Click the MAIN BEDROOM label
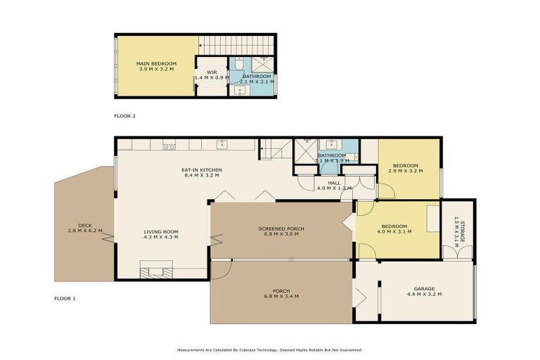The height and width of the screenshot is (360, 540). [x=156, y=63]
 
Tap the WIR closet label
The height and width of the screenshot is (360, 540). [x=212, y=72]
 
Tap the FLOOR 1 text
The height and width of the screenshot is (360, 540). [x=65, y=299]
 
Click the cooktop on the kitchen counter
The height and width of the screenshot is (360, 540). [x=169, y=146]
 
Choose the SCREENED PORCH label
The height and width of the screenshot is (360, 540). [x=281, y=229]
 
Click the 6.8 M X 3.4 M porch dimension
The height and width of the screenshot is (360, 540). [x=281, y=297]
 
